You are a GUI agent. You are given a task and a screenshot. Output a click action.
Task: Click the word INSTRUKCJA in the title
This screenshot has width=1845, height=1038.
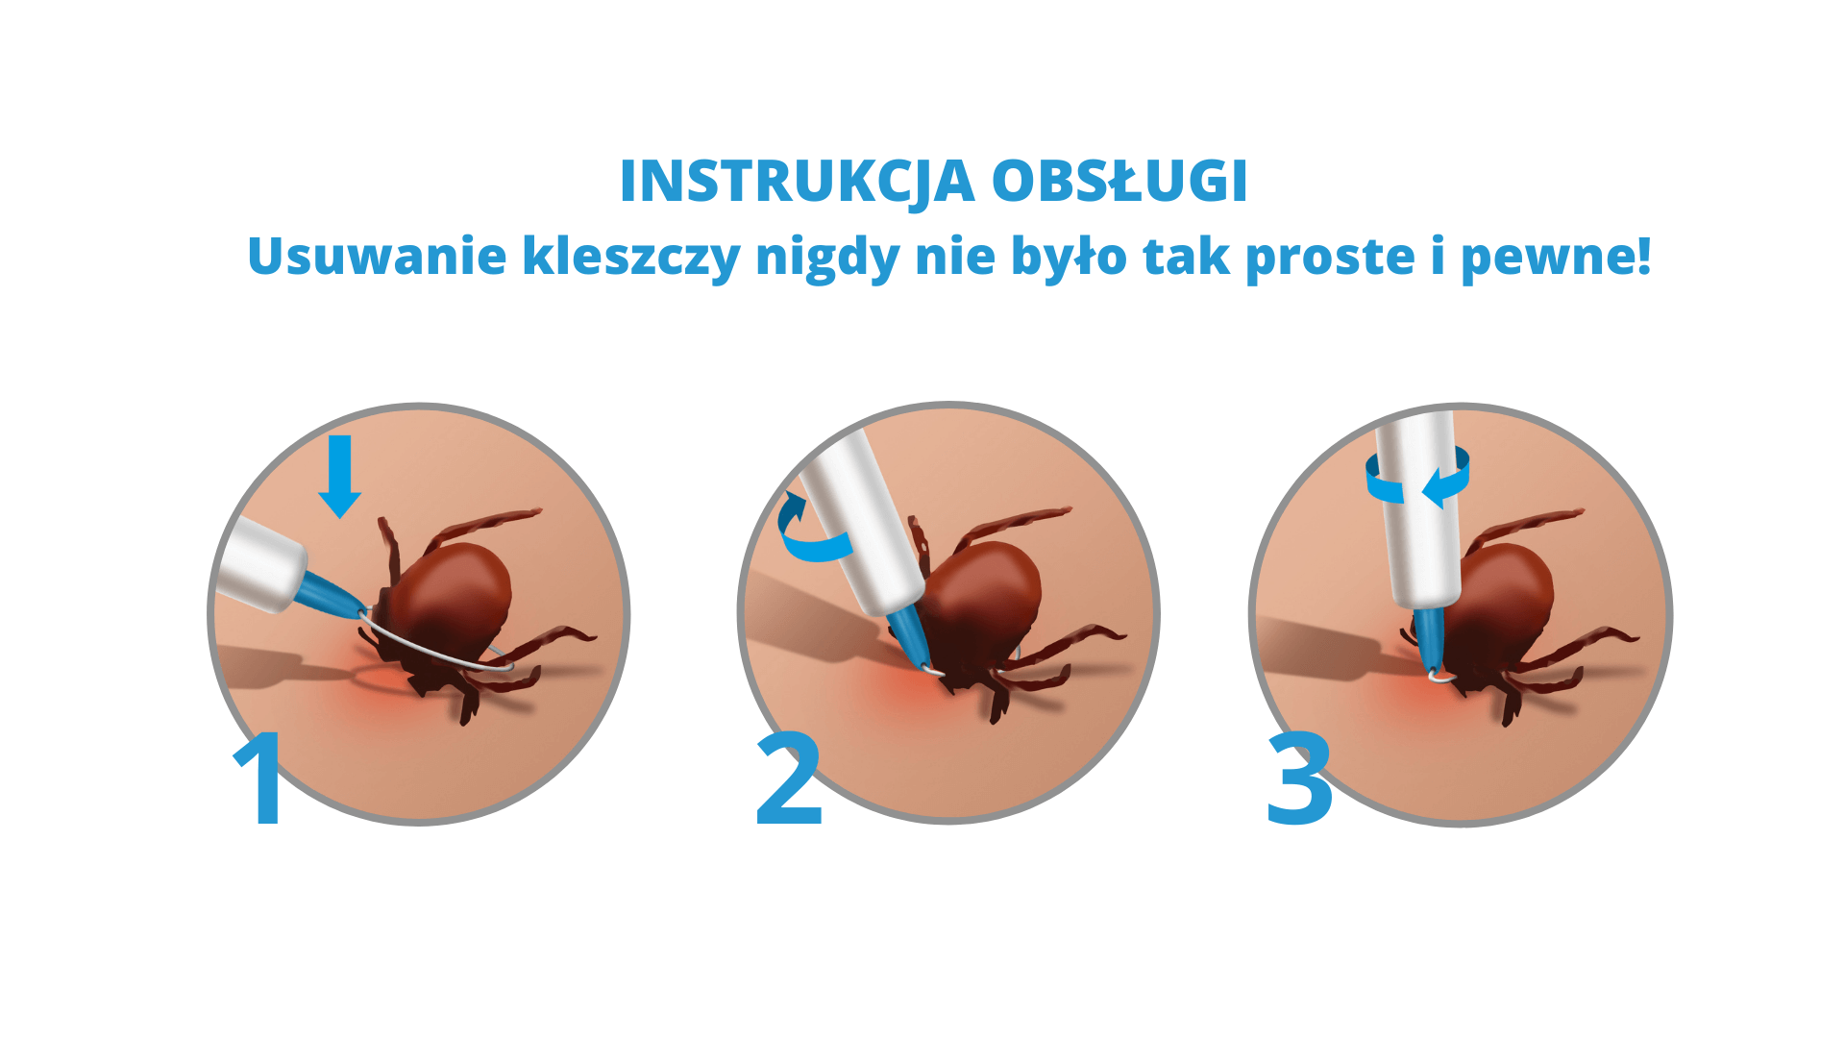click(797, 181)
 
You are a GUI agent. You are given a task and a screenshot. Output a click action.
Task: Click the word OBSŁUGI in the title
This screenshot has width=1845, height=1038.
click(1119, 181)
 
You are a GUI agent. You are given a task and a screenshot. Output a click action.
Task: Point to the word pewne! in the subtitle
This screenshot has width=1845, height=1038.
click(1556, 256)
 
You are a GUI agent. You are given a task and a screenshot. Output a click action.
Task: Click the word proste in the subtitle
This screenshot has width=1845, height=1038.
click(1330, 256)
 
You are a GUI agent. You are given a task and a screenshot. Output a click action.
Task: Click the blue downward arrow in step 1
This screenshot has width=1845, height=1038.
click(340, 476)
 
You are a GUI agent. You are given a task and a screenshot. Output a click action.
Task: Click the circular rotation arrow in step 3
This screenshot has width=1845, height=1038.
click(1418, 478)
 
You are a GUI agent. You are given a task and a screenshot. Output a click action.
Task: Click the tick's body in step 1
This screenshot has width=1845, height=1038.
click(452, 596)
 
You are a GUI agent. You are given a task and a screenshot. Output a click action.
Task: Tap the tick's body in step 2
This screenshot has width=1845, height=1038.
click(985, 596)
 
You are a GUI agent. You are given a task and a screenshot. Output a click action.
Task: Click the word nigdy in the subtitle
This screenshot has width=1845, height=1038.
click(827, 256)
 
